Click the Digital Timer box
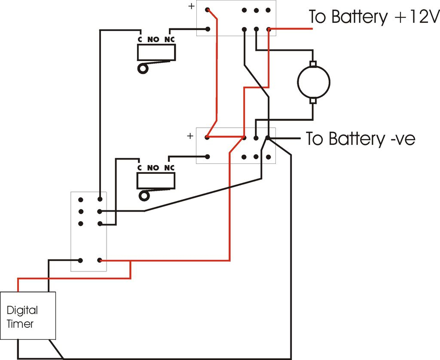pyautogui.click(x=28, y=316)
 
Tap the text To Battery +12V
pyautogui.click(x=373, y=17)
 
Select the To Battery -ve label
pyautogui.click(x=361, y=139)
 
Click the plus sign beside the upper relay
pyautogui.click(x=191, y=7)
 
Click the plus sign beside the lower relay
pyautogui.click(x=190, y=136)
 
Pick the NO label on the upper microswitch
pyautogui.click(x=153, y=39)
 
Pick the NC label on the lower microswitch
pyautogui.click(x=170, y=168)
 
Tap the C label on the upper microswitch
pyautogui.click(x=140, y=39)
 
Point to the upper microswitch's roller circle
pyautogui.click(x=142, y=69)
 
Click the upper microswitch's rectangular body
pyautogui.click(x=156, y=53)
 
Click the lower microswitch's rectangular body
pyautogui.click(x=156, y=181)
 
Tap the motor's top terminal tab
pyautogui.click(x=314, y=64)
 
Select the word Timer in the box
pyautogui.click(x=20, y=324)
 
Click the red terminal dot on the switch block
pyautogui.click(x=100, y=260)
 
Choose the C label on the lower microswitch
pyautogui.click(x=139, y=168)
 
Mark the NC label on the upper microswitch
pyautogui.click(x=170, y=39)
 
